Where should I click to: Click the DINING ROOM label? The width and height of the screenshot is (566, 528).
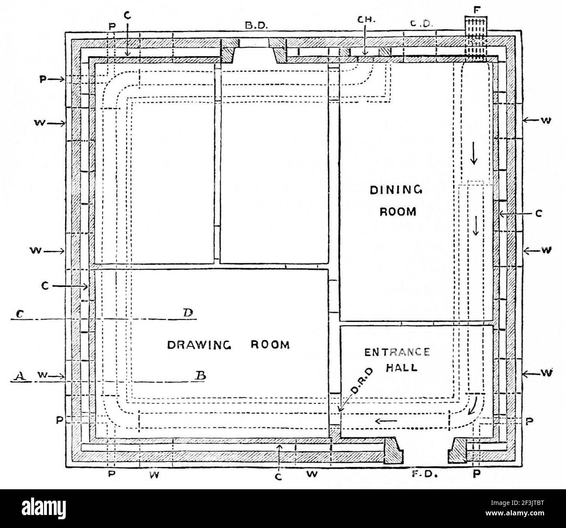pyautogui.click(x=396, y=201)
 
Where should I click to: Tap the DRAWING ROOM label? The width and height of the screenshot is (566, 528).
pyautogui.click(x=229, y=345)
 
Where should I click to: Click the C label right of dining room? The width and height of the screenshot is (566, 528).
pyautogui.click(x=539, y=214)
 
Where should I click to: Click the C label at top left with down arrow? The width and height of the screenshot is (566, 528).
pyautogui.click(x=127, y=16)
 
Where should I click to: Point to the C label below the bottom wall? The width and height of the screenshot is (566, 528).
pyautogui.click(x=279, y=477)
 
